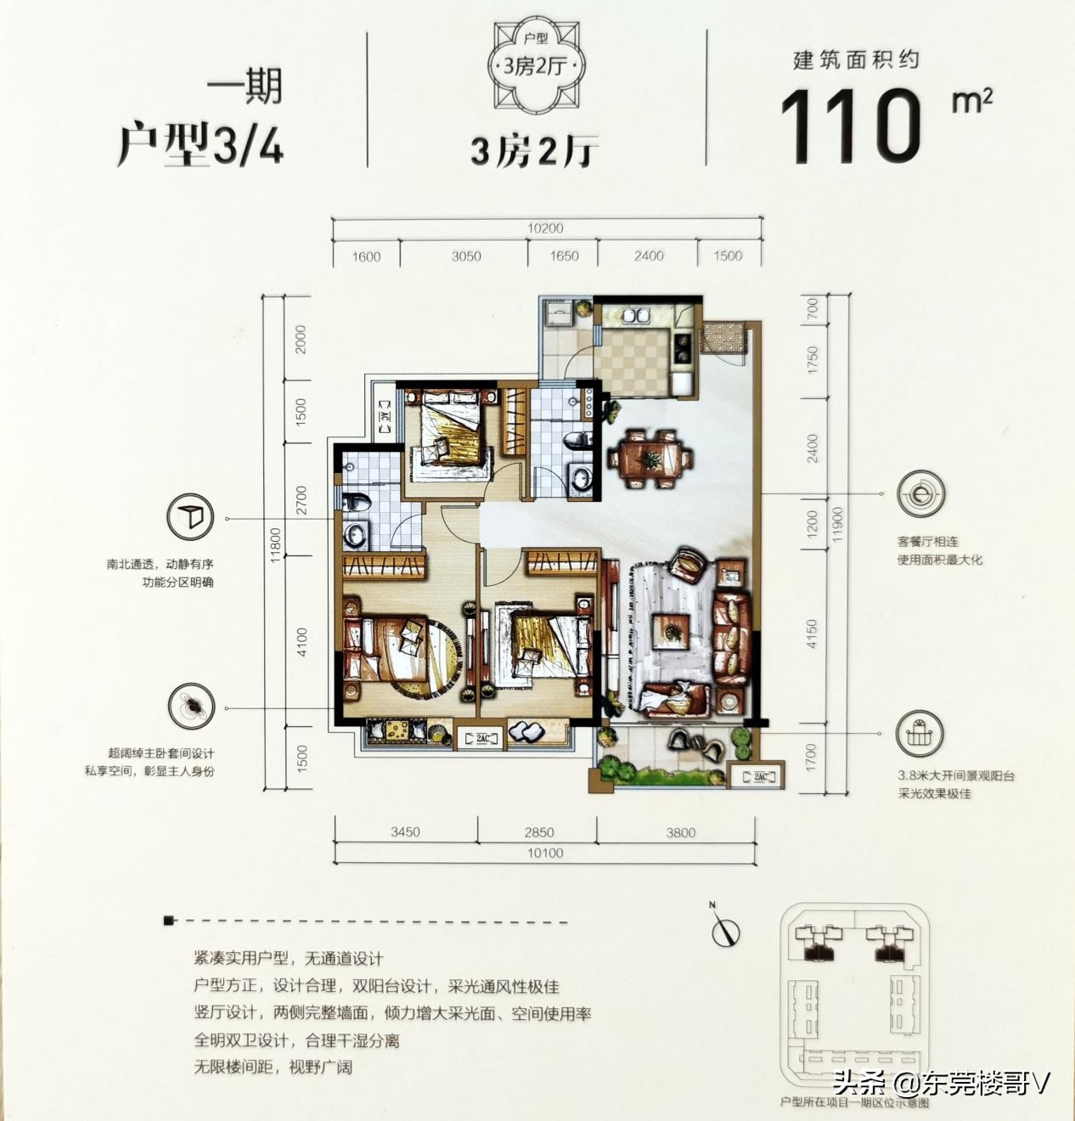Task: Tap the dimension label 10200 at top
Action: [545, 228]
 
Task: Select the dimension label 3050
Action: [466, 256]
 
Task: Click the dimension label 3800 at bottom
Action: [680, 832]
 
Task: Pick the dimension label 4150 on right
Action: [812, 634]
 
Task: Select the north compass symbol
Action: [724, 930]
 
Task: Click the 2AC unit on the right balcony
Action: [759, 776]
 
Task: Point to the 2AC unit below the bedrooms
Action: [481, 738]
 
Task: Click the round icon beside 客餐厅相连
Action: [920, 493]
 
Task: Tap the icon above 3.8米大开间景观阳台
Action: [919, 734]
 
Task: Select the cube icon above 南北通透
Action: [190, 516]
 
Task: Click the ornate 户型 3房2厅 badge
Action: [536, 65]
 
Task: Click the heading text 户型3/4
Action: [200, 143]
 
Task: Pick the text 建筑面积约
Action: [856, 59]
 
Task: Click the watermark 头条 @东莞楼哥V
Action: [941, 1084]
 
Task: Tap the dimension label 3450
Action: [405, 832]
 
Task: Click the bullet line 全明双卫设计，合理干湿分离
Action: [296, 1040]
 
